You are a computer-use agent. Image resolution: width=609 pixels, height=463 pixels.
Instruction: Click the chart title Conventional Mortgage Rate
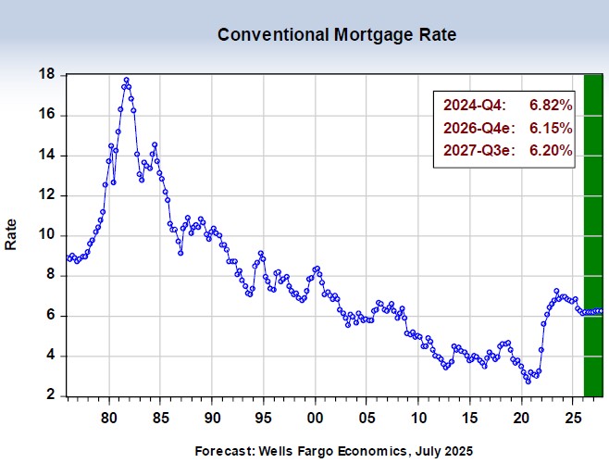(x=337, y=35)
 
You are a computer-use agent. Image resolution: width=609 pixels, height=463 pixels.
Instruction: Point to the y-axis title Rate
(x=11, y=233)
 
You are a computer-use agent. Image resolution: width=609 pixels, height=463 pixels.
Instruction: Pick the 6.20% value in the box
(x=550, y=150)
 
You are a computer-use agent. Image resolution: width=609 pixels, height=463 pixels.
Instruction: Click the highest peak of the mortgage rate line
(x=126, y=80)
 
